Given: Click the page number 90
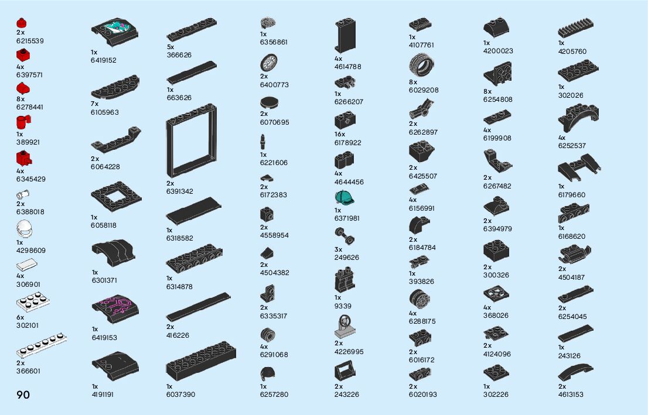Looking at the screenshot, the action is coord(23,395).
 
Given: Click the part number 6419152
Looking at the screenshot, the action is coord(104,60).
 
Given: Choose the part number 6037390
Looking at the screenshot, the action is coord(180,395).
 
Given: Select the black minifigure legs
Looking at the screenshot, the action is coord(345,280).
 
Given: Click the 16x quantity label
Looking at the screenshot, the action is coord(340,134).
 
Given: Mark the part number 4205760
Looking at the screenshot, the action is coord(572,52).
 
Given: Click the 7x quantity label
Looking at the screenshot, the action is coord(95,104).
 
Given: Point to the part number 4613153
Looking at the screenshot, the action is coord(571,395).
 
